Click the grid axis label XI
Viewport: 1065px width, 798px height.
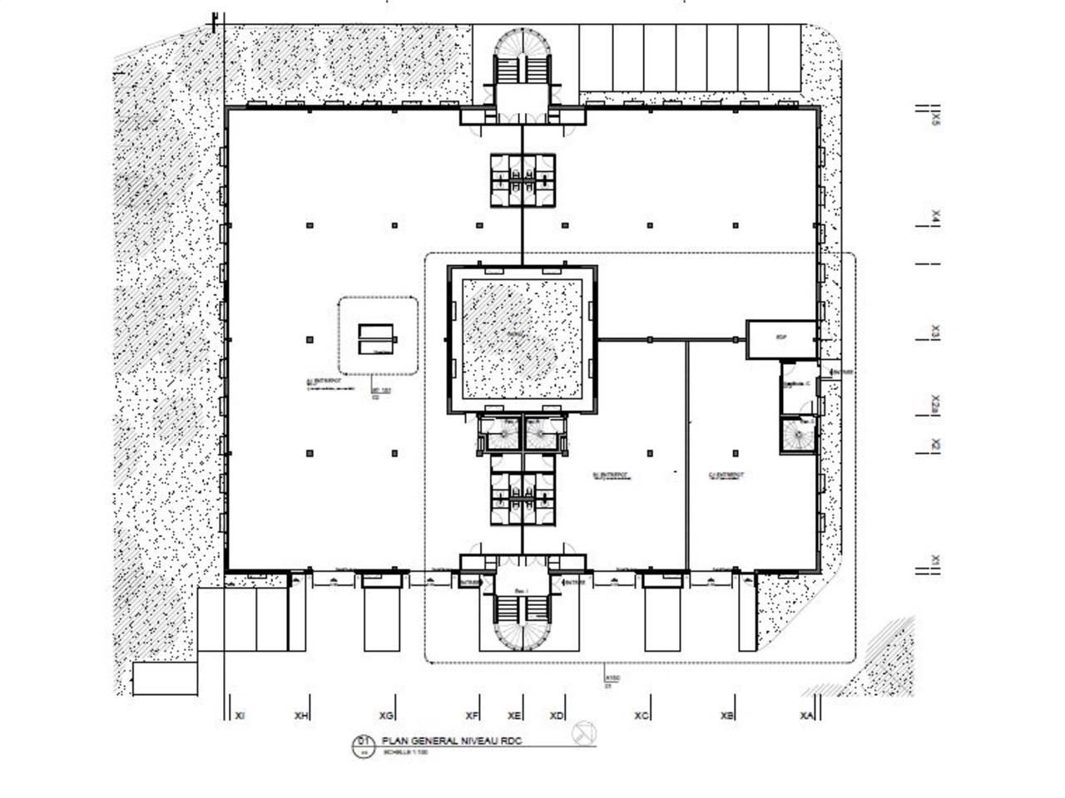coord(240,715)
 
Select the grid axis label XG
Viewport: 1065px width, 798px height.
coord(385,715)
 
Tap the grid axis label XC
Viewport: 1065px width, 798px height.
coord(641,715)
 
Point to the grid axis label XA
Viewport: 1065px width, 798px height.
coord(805,715)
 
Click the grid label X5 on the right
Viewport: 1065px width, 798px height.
coord(935,119)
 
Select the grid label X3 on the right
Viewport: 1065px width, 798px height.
coord(935,332)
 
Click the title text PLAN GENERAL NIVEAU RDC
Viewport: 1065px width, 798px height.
coord(454,741)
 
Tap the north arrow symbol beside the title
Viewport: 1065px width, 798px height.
coord(585,733)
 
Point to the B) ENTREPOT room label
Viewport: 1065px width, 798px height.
coord(611,477)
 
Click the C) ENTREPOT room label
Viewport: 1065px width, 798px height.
coord(726,477)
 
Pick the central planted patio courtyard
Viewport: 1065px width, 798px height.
coord(522,339)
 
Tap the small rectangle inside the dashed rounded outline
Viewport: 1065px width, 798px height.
coord(378,337)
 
